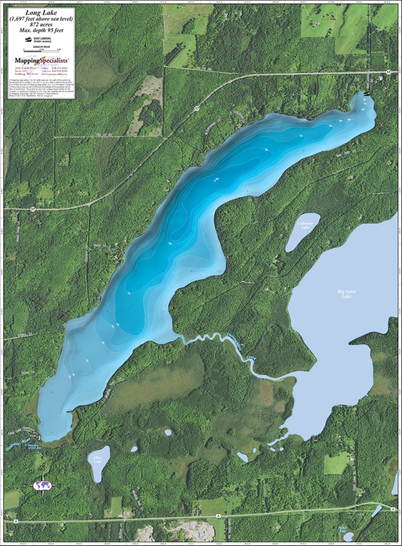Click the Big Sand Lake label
345,294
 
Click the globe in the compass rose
42,485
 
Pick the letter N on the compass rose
42,469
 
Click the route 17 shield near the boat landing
388,71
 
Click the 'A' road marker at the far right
392,509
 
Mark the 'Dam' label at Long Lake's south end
62,436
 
